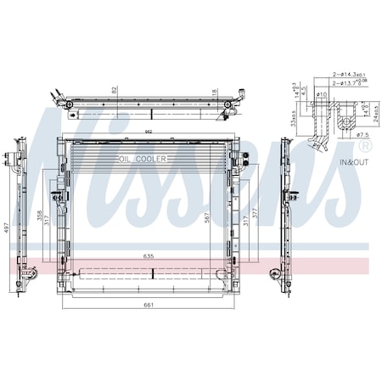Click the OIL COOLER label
(x=142, y=159)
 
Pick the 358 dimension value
(x=39, y=216)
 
